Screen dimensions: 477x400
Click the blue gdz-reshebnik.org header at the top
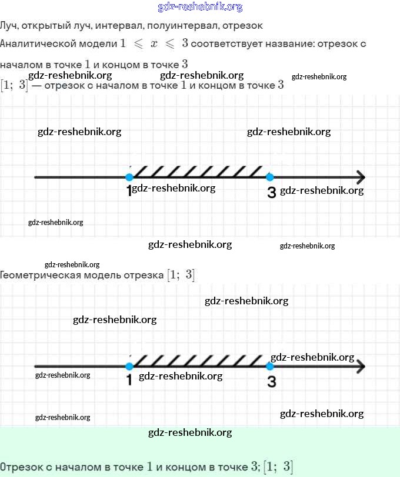click(200, 7)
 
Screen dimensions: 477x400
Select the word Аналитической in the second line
click(58, 43)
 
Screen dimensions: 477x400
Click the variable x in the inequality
click(154, 44)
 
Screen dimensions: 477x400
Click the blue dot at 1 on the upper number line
click(129, 177)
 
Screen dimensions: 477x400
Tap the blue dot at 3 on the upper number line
click(270, 177)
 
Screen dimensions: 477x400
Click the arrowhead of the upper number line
click(360, 177)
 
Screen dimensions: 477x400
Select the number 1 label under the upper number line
click(129, 192)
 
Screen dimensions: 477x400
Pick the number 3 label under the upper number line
click(271, 193)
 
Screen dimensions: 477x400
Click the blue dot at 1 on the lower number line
click(129, 367)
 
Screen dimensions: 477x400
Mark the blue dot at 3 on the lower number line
click(270, 367)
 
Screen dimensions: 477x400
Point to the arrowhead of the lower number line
click(360, 367)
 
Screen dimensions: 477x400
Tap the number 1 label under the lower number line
click(129, 381)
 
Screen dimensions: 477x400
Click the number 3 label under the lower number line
click(271, 382)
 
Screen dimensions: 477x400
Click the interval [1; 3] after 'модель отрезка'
click(181, 275)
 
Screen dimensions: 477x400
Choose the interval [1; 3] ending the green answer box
click(278, 467)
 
